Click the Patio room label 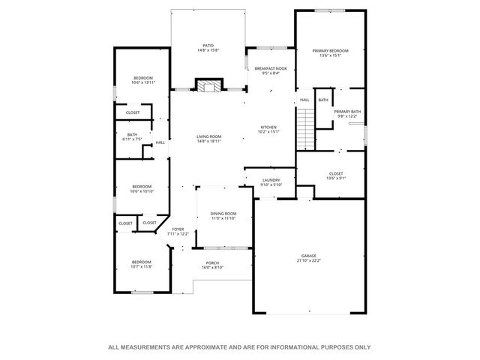point(208,45)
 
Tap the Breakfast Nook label point(271,68)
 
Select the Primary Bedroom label point(330,51)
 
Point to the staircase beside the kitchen point(304,127)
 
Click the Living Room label point(209,136)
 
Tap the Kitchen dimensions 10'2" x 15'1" point(269,133)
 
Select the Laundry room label point(270,180)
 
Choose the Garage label point(309,256)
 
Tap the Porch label point(212,262)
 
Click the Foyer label point(178,229)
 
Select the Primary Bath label point(348,112)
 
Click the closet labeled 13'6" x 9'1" point(335,175)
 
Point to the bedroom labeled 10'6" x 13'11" point(142,79)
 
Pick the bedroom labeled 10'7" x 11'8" point(142,263)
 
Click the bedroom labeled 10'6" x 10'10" point(142,188)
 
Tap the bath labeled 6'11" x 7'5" point(132,136)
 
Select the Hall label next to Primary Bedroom point(304,100)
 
